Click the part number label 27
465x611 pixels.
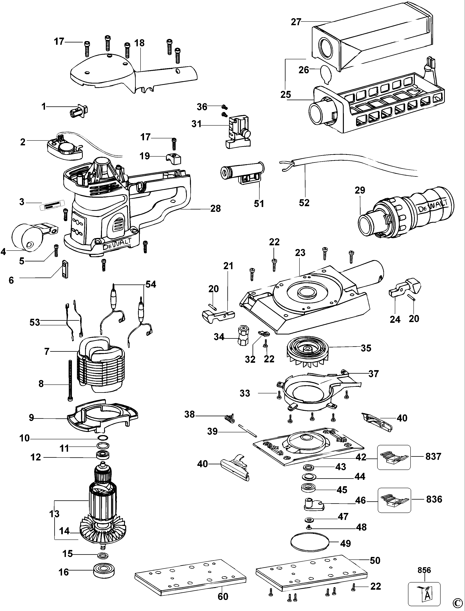pyautogui.click(x=296, y=22)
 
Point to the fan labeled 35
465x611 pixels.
pyautogui.click(x=308, y=353)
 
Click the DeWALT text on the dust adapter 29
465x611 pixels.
pyautogui.click(x=433, y=207)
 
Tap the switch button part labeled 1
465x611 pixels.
pyautogui.click(x=78, y=111)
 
